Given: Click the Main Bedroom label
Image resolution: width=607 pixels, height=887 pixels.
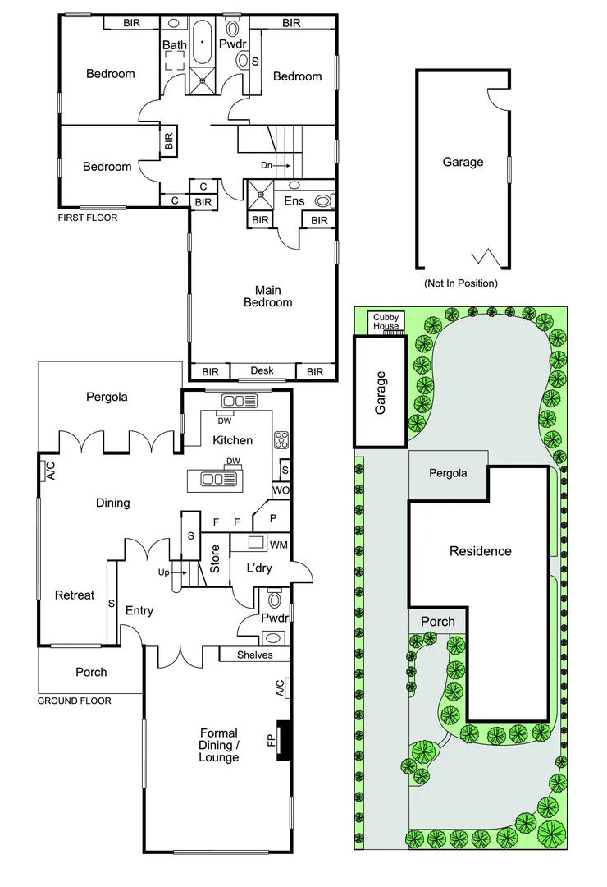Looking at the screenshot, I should pyautogui.click(x=268, y=296).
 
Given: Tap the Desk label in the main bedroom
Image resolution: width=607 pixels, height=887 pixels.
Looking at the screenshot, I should pyautogui.click(x=262, y=371).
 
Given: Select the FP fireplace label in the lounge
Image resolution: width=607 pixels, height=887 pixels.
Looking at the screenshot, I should pyautogui.click(x=270, y=739).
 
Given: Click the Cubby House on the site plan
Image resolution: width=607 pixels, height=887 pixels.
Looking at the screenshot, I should pyautogui.click(x=386, y=321).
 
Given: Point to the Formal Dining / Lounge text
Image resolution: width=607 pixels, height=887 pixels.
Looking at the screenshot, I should pyautogui.click(x=218, y=745).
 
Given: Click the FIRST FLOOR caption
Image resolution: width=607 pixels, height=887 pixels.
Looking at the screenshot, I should pyautogui.click(x=88, y=218).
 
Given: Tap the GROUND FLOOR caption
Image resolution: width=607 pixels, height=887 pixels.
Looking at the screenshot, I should pyautogui.click(x=75, y=701).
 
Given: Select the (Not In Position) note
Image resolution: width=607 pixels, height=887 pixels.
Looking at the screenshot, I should pyautogui.click(x=460, y=283).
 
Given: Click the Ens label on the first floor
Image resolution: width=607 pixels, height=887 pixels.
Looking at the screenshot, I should pyautogui.click(x=294, y=200).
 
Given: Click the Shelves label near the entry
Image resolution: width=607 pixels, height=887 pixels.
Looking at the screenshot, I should pyautogui.click(x=254, y=655).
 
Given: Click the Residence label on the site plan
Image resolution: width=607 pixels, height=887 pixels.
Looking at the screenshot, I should pyautogui.click(x=480, y=551).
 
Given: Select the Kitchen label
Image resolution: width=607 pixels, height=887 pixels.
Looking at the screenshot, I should pyautogui.click(x=232, y=440).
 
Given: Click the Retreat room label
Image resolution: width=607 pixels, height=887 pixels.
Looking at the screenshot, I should pyautogui.click(x=75, y=595).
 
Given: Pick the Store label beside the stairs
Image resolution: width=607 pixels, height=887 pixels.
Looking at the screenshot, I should pyautogui.click(x=216, y=558).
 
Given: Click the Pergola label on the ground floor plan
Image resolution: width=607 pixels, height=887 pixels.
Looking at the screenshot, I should pyautogui.click(x=107, y=397).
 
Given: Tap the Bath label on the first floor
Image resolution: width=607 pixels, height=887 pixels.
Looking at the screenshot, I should pyautogui.click(x=174, y=44).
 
